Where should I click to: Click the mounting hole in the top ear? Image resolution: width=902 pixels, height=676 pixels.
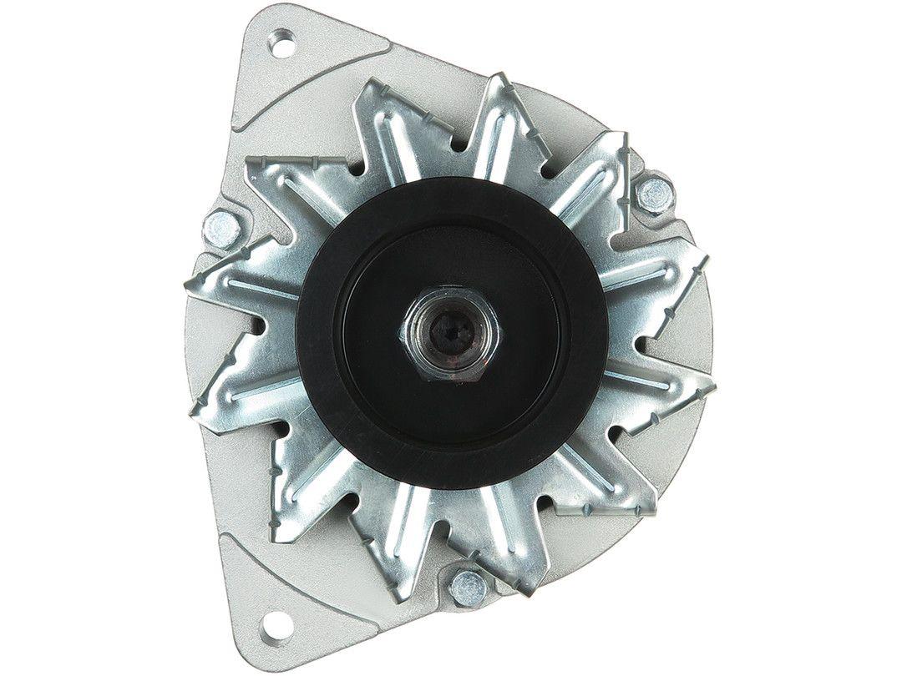[282, 43]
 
